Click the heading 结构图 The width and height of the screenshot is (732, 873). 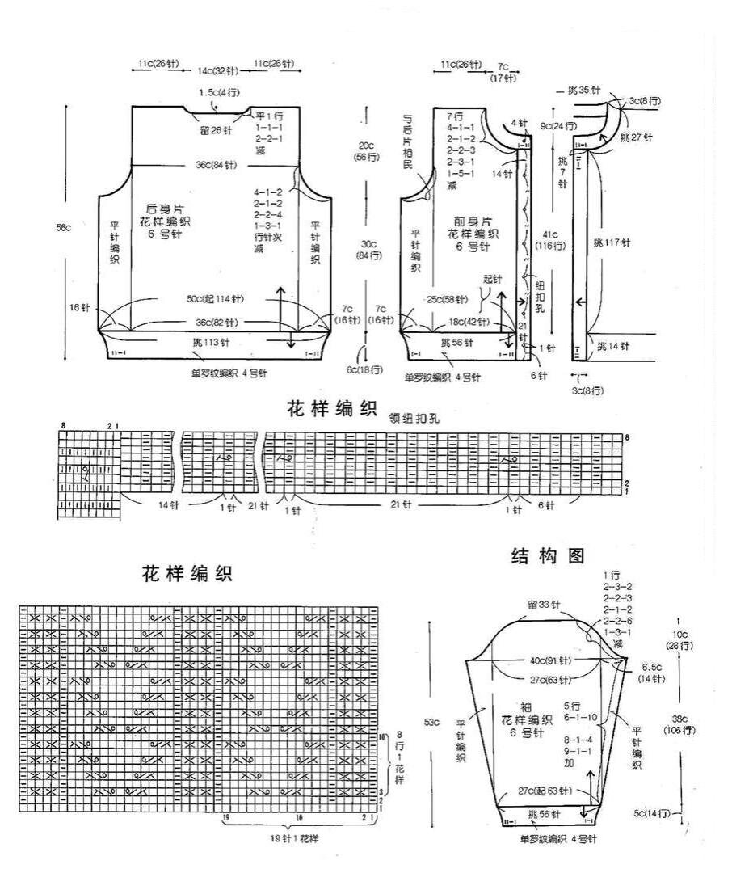click(x=547, y=555)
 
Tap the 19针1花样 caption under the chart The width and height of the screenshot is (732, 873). click(x=294, y=838)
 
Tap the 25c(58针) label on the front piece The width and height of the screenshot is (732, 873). click(x=447, y=300)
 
